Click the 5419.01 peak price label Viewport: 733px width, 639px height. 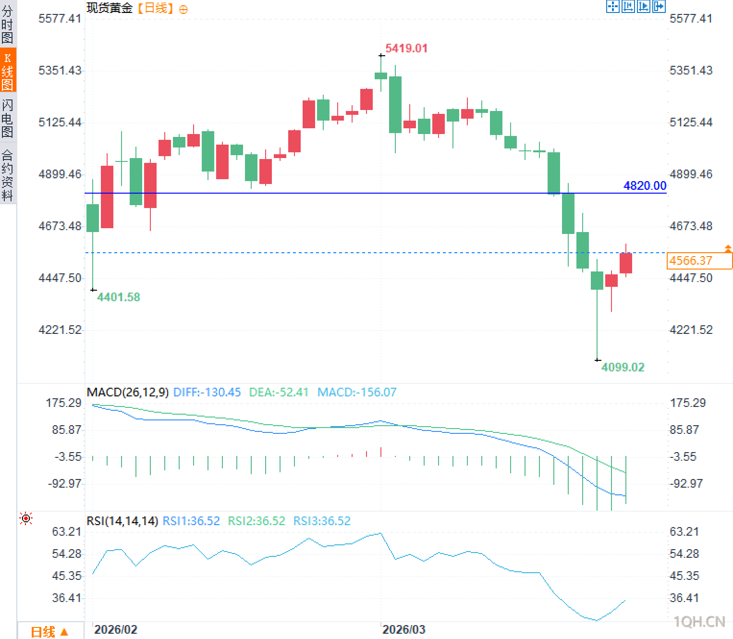[x=406, y=48]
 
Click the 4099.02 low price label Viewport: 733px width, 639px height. [x=623, y=367]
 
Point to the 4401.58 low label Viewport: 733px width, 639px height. [x=118, y=297]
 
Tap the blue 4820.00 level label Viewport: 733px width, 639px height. [x=645, y=185]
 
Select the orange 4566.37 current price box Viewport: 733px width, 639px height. [x=699, y=261]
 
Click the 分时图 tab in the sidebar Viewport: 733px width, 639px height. [x=8, y=24]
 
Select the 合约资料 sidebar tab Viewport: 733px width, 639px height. [x=8, y=174]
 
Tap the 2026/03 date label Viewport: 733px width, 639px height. [x=403, y=629]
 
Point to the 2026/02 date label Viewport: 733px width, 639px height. [x=116, y=629]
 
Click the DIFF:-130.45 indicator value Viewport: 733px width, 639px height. [x=207, y=392]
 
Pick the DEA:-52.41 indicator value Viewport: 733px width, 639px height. [x=279, y=392]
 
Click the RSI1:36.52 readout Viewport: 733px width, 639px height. [x=191, y=521]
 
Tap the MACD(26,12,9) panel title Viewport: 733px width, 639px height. [x=128, y=392]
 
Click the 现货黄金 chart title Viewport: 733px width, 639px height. [x=110, y=8]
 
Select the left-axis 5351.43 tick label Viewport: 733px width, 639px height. [x=60, y=70]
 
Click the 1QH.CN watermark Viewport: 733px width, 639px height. [x=699, y=622]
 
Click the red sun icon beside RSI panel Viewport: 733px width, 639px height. [x=26, y=518]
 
